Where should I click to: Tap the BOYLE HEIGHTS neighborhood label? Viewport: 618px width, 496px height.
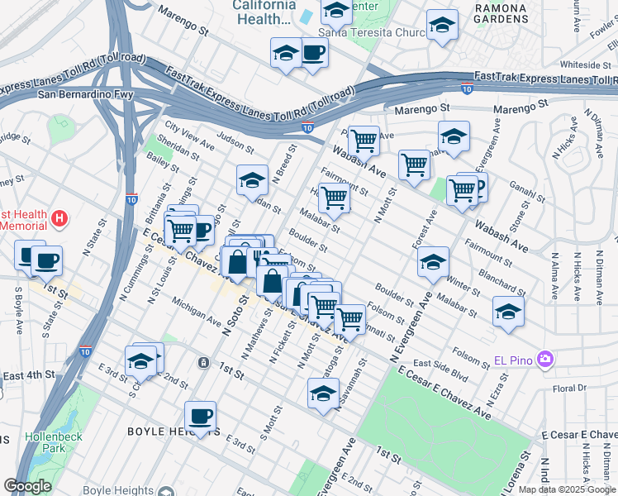165,432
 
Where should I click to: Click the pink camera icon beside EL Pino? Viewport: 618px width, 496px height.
544,360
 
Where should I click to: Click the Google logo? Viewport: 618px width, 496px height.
28,486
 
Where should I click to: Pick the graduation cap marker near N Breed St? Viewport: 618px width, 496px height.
253,179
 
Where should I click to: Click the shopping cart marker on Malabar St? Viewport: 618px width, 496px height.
335,198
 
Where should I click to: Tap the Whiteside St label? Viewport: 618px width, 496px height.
585,64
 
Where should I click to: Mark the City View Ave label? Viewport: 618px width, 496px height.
189,136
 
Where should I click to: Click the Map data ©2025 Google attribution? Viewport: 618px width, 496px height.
567,489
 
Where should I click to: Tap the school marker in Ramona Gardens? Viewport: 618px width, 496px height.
442,25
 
